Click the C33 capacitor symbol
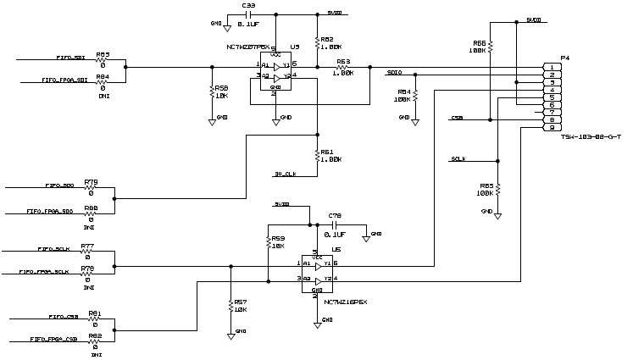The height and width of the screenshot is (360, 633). coord(249,14)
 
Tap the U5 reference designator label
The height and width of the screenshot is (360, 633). coord(294,47)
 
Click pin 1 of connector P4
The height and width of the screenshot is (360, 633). coord(551,67)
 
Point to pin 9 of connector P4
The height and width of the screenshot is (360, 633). coord(551,127)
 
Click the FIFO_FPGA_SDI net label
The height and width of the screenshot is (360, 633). coord(64,80)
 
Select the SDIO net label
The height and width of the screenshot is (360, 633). coord(393,73)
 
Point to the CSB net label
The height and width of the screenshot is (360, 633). coord(457,117)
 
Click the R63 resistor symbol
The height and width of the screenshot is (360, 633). coord(343,67)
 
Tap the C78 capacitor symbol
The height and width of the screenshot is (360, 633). coord(335,226)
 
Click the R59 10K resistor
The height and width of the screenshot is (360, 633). coord(269,242)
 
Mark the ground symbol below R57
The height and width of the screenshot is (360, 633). coord(230,335)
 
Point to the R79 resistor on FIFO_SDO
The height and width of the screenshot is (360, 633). coord(90,187)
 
